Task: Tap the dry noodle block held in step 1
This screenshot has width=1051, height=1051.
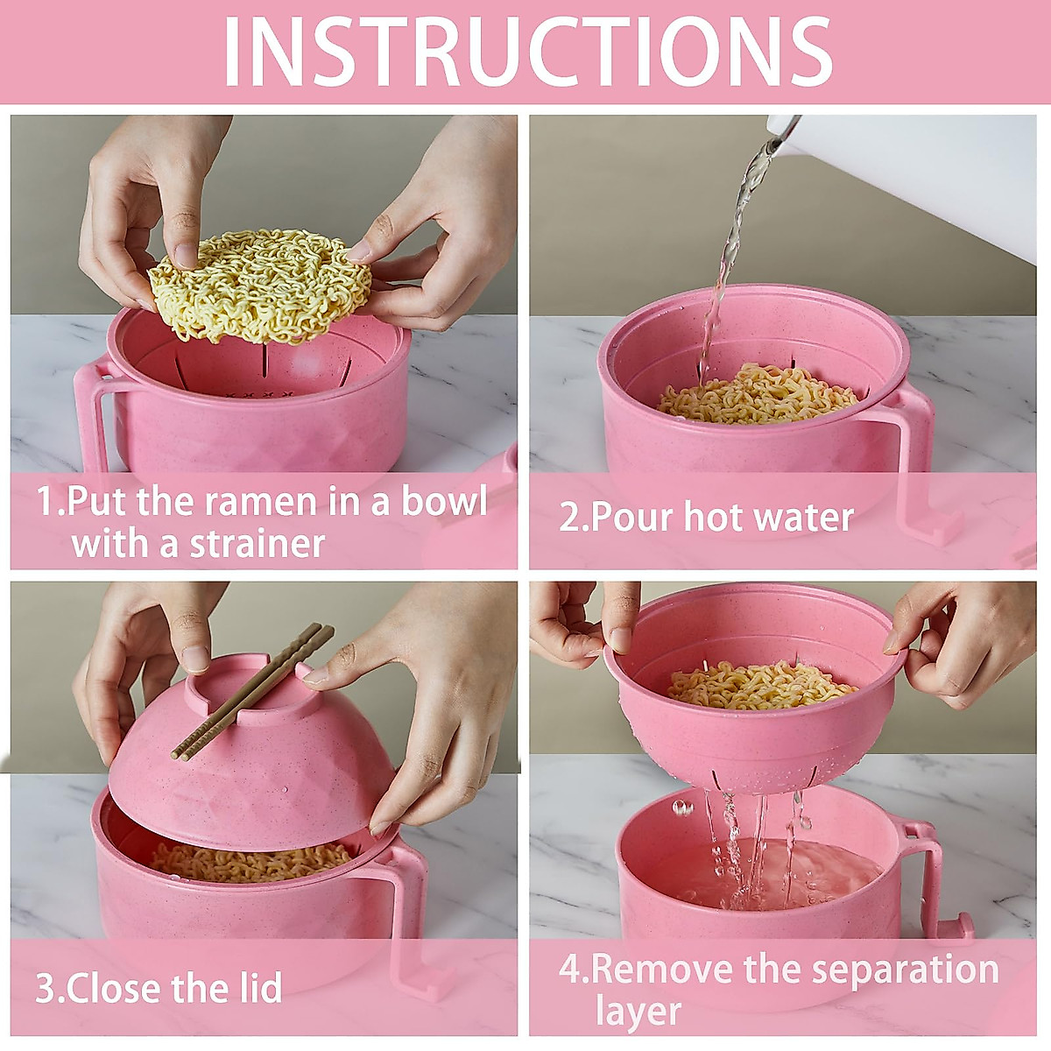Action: click(x=260, y=285)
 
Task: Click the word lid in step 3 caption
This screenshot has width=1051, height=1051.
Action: click(x=259, y=988)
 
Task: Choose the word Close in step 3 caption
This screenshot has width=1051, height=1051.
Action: click(x=114, y=988)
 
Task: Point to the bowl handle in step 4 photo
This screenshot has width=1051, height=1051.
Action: click(x=928, y=876)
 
